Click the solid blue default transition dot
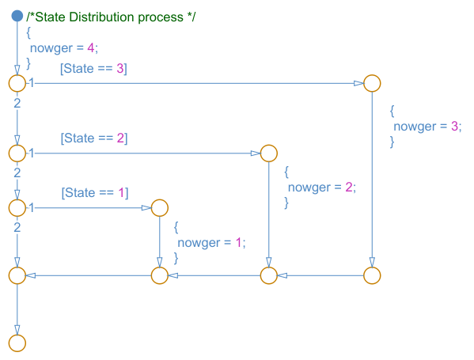tap(17, 16)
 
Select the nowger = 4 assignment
tap(64, 48)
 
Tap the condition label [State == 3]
tap(93, 69)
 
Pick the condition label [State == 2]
tap(94, 138)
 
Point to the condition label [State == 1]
tap(95, 193)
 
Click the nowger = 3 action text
tap(427, 127)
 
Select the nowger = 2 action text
tap(322, 188)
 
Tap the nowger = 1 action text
tap(211, 243)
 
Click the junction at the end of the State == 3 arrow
tap(372, 83)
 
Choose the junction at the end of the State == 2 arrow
tap(269, 153)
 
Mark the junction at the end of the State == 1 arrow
tap(160, 208)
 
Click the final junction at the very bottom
tap(17, 343)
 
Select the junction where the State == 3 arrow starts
tap(17, 83)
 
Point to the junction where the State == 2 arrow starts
tap(17, 153)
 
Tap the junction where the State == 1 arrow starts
tap(17, 208)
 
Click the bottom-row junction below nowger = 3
tap(372, 275)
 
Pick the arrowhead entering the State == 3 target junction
tap(358, 83)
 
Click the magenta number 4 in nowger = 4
tap(91, 47)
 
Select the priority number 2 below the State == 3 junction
tap(17, 104)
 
